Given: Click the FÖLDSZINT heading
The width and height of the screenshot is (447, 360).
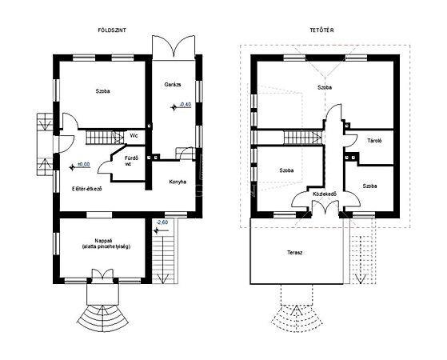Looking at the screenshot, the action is click(112, 30).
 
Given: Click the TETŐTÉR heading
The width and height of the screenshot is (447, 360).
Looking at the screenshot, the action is click(321, 30).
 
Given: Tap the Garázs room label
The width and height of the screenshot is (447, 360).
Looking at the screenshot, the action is click(173, 85).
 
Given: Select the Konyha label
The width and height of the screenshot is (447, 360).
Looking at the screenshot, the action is click(178, 182).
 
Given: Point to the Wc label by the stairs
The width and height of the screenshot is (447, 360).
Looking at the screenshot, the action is click(134, 135).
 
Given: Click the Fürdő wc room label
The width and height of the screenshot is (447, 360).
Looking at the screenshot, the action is click(131, 161).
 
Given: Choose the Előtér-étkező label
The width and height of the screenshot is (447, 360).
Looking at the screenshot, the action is click(87, 189).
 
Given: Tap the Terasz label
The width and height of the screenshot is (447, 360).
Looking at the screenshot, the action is click(295, 253).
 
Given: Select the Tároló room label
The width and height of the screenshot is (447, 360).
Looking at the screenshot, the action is click(374, 141).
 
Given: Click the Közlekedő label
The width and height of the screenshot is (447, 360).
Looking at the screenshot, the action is click(325, 194).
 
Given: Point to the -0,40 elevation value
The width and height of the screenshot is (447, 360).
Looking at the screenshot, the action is click(186, 105).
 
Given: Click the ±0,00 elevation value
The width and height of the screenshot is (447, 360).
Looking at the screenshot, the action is click(84, 165).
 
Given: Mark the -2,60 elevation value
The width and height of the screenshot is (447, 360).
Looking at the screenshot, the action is click(162, 222).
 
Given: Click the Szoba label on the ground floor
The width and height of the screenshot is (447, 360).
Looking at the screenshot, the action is click(102, 91).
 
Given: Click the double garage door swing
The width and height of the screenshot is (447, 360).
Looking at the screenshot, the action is click(174, 46).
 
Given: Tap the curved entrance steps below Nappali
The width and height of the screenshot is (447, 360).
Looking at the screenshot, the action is click(102, 318).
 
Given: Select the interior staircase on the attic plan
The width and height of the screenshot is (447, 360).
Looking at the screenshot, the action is click(303, 138).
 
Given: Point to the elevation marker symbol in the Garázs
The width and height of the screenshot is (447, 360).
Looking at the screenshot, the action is click(174, 107).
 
